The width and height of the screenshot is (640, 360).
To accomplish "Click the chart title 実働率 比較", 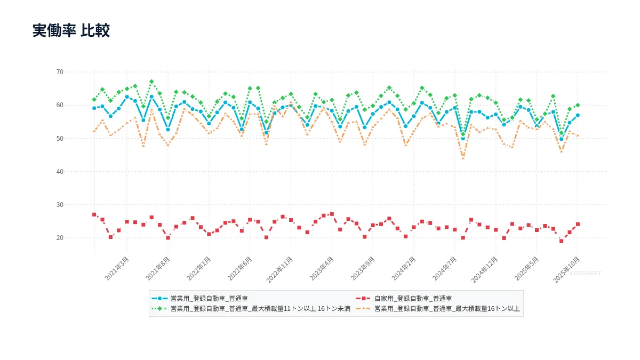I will [71, 30].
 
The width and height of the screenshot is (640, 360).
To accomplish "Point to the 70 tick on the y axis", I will [60, 72].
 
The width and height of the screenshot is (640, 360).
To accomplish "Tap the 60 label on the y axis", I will [60, 105].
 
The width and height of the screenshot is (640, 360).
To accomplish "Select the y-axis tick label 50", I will [60, 138].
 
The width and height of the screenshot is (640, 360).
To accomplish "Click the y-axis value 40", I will [60, 171].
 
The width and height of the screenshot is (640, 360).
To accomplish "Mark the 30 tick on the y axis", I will [60, 205].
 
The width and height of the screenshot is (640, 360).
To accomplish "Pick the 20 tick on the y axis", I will [60, 238].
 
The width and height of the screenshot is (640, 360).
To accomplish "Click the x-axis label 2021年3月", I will [117, 268].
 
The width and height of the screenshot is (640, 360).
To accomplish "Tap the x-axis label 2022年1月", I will [199, 268].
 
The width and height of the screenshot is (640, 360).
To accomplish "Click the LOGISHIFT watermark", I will [586, 273].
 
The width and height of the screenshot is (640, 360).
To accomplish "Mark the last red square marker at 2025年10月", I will [578, 224].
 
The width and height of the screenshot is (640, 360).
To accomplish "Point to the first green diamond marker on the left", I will [94, 100].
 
